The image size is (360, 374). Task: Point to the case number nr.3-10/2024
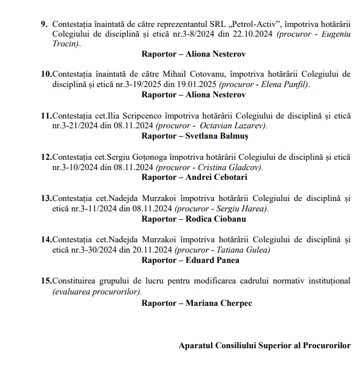click(75, 167)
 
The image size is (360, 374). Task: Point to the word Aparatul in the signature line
click(195, 345)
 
